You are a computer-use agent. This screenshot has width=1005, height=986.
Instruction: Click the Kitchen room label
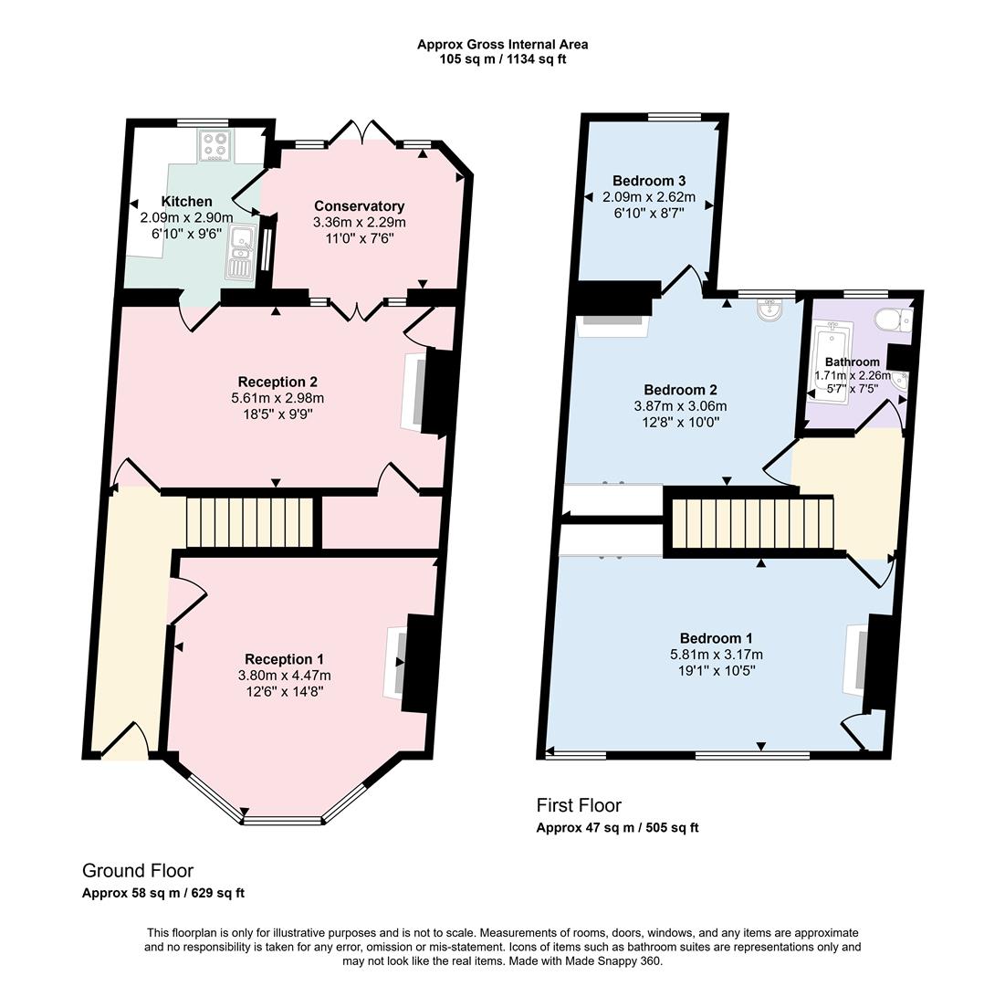pyautogui.click(x=186, y=201)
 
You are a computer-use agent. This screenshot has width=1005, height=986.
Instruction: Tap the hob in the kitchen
pyautogui.click(x=215, y=146)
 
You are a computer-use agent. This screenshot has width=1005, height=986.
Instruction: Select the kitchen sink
pyautogui.click(x=241, y=252)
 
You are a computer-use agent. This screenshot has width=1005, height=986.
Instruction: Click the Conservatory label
pyautogui.click(x=359, y=205)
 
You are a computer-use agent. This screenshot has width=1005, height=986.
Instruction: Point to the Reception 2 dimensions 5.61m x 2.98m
pyautogui.click(x=277, y=398)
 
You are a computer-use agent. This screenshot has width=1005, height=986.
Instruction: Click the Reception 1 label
pyautogui.click(x=284, y=659)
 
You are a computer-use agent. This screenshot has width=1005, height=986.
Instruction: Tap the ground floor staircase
pyautogui.click(x=250, y=521)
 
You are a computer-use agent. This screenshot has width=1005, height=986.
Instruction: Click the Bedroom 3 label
pyautogui.click(x=649, y=180)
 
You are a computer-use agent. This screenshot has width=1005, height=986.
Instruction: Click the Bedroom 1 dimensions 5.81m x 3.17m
pyautogui.click(x=717, y=654)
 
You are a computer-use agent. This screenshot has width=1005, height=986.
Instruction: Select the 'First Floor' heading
pyautogui.click(x=579, y=805)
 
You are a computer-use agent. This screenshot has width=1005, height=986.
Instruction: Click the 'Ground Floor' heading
pyautogui.click(x=138, y=871)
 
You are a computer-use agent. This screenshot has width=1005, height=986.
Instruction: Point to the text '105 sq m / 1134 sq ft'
pyautogui.click(x=503, y=59)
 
